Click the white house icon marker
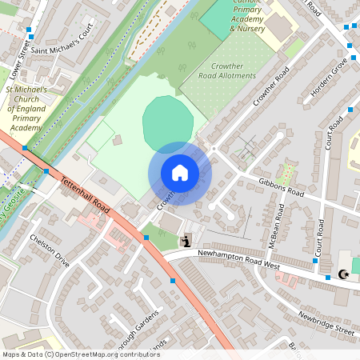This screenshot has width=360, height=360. [x=179, y=172]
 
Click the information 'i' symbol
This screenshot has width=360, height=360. [x=186, y=240]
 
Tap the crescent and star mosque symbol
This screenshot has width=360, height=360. [x=345, y=276]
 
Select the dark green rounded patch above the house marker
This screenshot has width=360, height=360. [x=167, y=120]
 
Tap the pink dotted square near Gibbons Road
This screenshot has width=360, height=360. [x=287, y=171]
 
